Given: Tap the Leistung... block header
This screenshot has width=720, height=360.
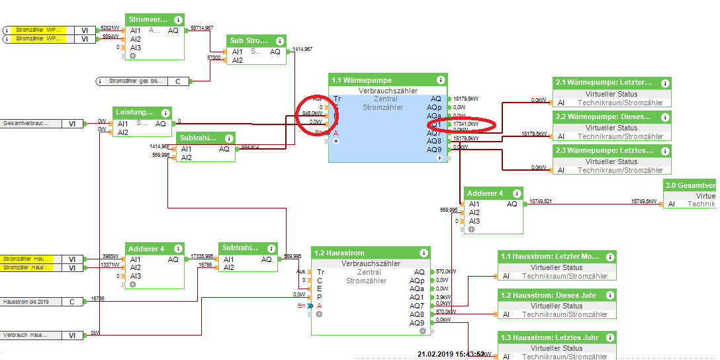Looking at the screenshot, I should [135, 112].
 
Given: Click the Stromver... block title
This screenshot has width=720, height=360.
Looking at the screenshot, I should [148, 19].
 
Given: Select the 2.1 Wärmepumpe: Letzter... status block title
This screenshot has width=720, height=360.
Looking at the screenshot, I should [603, 83].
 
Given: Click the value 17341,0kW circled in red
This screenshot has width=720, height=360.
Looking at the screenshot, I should [465, 124].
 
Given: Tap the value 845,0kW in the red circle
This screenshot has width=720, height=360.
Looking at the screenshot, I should [312, 114].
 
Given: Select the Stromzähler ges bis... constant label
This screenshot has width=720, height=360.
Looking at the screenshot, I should [136, 81].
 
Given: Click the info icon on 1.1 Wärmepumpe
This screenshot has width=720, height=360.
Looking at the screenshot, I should [441, 80].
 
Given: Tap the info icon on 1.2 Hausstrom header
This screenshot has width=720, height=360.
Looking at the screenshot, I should [423, 253].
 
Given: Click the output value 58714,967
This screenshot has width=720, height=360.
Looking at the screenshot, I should [201, 28].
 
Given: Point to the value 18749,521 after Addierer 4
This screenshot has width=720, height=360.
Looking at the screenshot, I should [541, 201].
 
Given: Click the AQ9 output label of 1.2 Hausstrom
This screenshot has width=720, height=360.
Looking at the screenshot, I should [417, 323].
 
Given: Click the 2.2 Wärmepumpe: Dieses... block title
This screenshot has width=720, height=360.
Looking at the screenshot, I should [603, 116].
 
